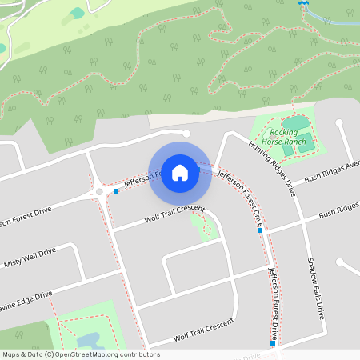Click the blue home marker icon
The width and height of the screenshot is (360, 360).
(180, 172)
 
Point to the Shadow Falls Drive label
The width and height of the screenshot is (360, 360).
(315, 286)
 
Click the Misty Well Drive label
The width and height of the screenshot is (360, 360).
(30, 257)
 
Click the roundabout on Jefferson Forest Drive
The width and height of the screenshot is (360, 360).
(99, 192)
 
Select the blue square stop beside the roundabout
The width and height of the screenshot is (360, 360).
(116, 191)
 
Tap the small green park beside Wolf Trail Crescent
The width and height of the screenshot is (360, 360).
(204, 227)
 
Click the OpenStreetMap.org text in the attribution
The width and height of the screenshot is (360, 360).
(86, 354)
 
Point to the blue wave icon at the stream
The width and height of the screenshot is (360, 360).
(302, 3)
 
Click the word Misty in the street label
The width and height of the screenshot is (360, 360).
(14, 262)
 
